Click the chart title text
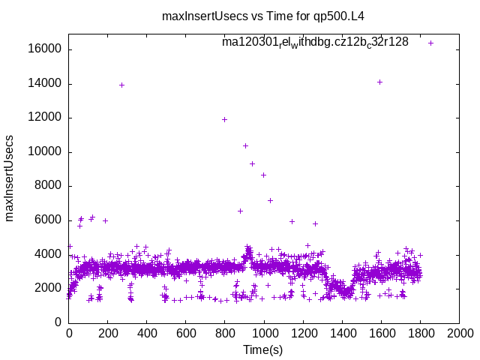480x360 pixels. [x=268, y=16]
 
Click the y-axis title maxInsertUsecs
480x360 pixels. [x=10, y=178]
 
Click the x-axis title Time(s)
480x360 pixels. [x=263, y=349]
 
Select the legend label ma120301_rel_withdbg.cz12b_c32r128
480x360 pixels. [x=315, y=42]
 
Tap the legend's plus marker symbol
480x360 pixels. [x=431, y=43]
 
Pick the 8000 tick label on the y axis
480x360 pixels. [x=52, y=186]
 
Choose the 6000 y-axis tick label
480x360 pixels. [x=52, y=220]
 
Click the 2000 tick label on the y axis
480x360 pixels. [x=52, y=288]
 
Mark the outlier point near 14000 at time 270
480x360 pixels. [x=121, y=85]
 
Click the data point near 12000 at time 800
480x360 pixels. [x=224, y=119]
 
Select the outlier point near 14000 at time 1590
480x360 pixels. [x=379, y=82]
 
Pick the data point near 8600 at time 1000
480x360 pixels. [x=263, y=175]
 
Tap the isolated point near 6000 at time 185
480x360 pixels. [x=105, y=220]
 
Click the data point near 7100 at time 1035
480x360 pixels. [x=270, y=200]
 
